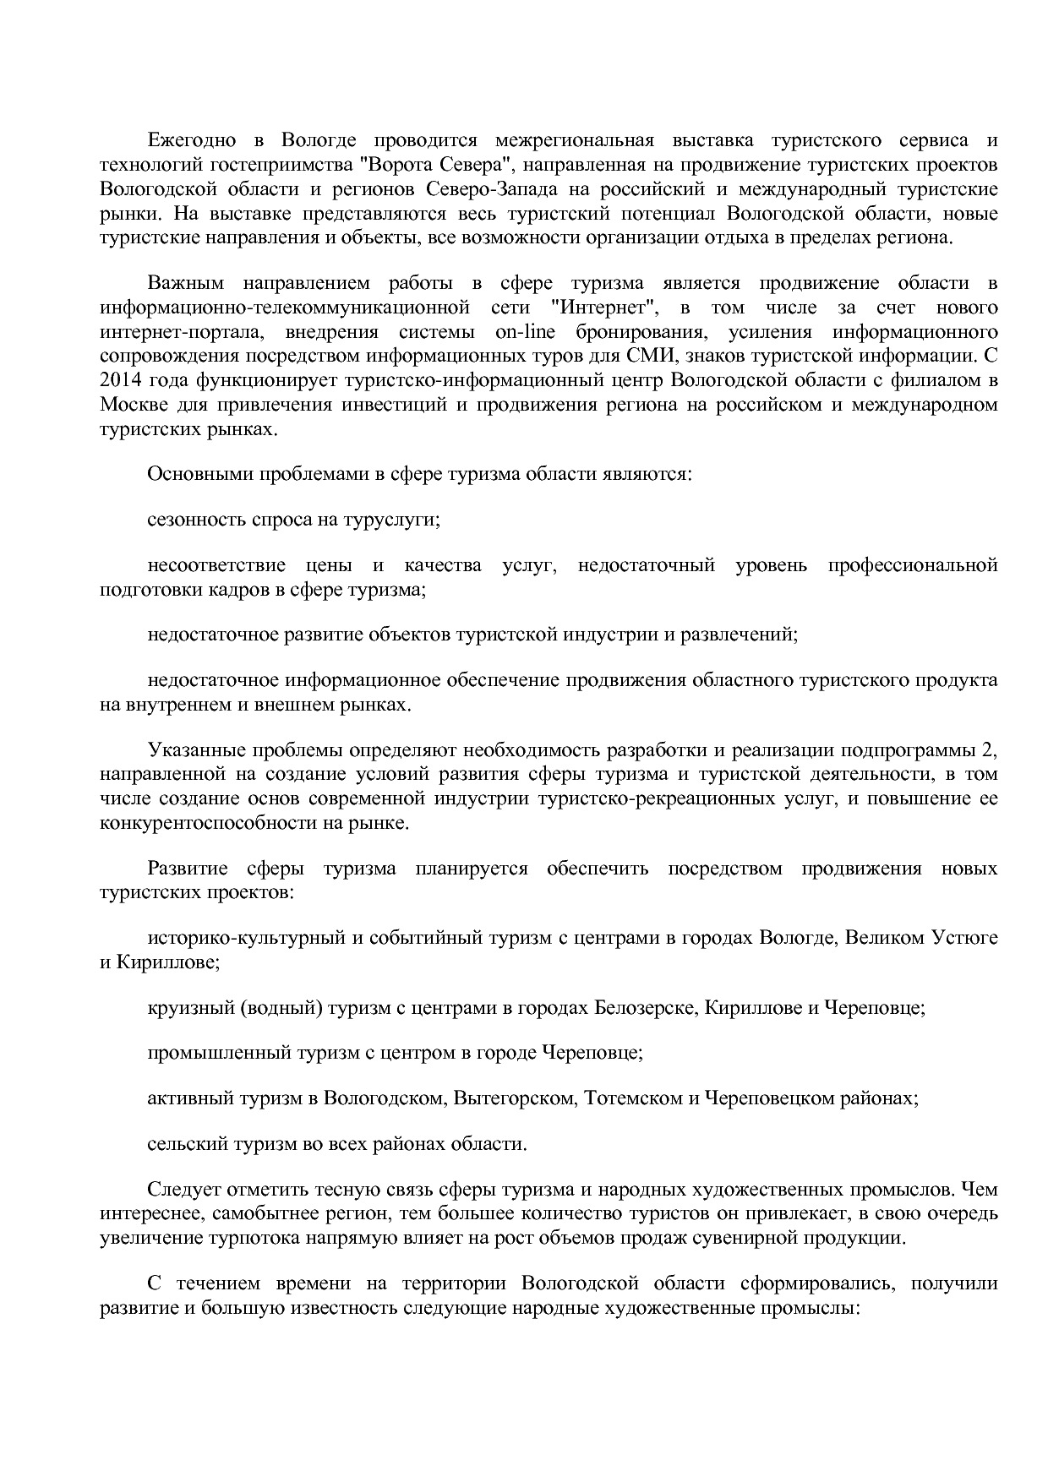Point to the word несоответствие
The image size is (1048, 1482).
[x=216, y=564]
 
